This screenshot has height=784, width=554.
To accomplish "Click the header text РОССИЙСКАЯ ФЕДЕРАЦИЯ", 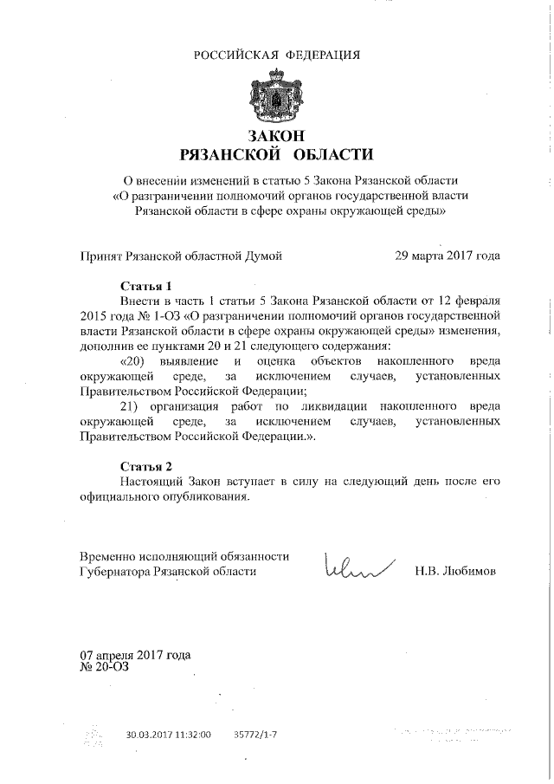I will coord(277,55).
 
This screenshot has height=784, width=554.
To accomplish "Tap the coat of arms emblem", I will coord(277,97).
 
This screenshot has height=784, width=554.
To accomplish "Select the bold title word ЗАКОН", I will coord(277,136).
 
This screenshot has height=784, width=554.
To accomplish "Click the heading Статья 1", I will coord(146,285).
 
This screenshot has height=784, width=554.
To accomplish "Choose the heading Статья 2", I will coord(146,465).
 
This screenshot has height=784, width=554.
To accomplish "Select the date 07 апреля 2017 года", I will coord(135,655).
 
